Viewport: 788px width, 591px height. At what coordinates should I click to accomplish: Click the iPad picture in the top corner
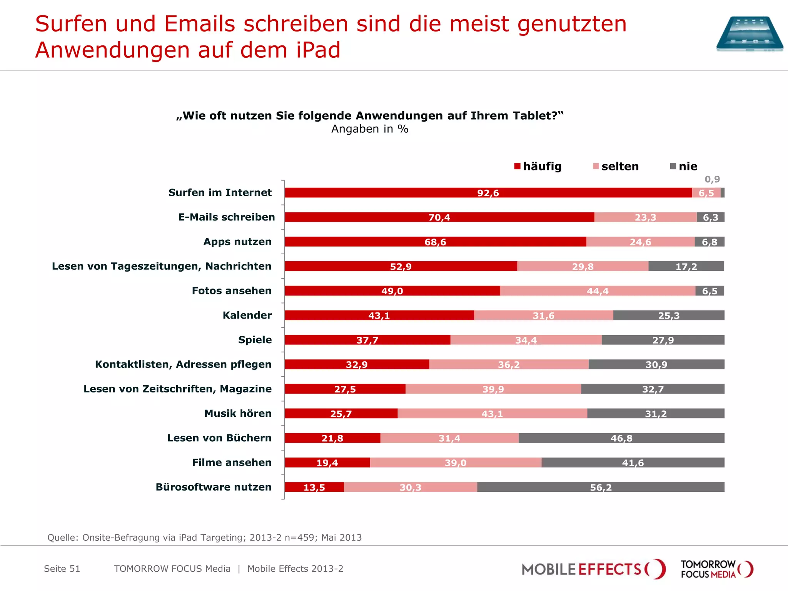click(x=750, y=34)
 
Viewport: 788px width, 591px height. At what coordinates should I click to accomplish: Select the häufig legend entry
click(x=538, y=167)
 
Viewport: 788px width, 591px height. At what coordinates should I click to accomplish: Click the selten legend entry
click(x=616, y=167)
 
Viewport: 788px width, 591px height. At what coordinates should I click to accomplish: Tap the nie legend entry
click(x=684, y=167)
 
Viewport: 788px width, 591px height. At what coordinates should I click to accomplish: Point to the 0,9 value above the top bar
click(x=712, y=179)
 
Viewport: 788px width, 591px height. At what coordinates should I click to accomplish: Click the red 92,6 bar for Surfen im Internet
click(x=488, y=193)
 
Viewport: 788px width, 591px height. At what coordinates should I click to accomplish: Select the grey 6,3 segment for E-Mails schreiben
click(x=710, y=217)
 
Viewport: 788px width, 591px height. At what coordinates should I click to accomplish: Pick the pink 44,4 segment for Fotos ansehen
click(x=598, y=291)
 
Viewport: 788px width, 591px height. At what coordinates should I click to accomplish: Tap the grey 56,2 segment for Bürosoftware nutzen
click(x=601, y=487)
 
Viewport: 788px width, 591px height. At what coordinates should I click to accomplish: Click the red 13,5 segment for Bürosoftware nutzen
click(x=314, y=487)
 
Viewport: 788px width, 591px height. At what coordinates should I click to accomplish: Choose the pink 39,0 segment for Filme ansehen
click(x=456, y=462)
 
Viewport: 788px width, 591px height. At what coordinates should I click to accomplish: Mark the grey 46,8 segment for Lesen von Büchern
click(x=621, y=438)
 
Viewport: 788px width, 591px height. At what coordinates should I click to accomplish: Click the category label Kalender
click(x=247, y=316)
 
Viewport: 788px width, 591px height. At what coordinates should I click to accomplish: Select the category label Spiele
click(x=255, y=340)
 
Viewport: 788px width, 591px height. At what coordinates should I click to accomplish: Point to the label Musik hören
click(x=238, y=414)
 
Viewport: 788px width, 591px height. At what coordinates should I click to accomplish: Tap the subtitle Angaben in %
click(x=370, y=129)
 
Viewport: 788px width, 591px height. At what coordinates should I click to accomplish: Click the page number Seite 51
click(x=62, y=569)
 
